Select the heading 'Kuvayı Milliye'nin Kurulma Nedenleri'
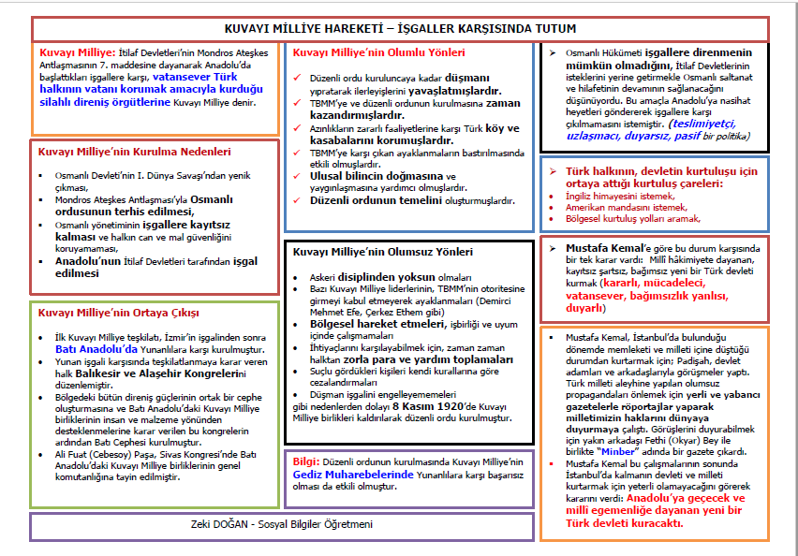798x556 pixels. tap(134, 151)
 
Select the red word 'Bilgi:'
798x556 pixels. tap(306, 461)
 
